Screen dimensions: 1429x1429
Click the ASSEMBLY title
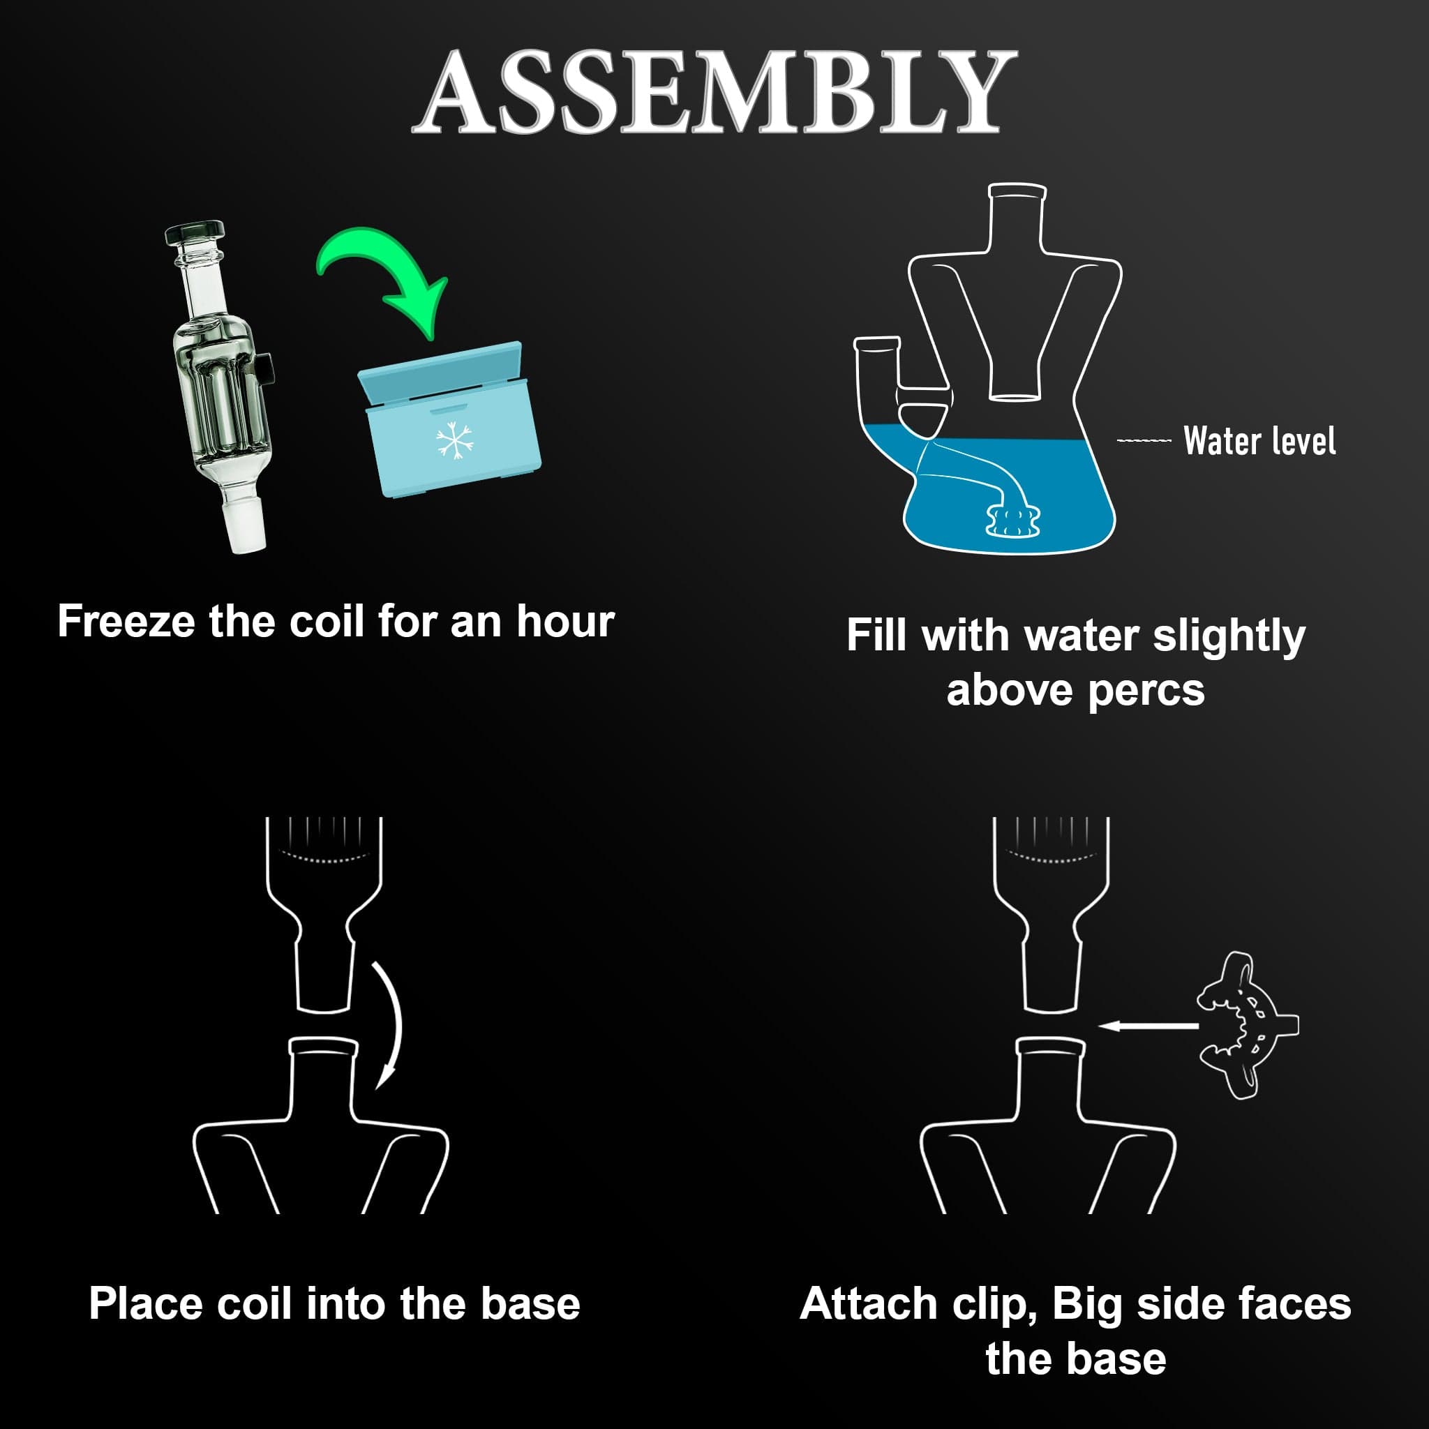coord(714,93)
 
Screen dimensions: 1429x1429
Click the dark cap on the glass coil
coord(194,234)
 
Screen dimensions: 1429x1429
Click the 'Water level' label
coord(1259,441)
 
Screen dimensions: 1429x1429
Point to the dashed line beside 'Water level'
coord(1144,442)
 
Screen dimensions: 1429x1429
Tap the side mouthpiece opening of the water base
coord(877,343)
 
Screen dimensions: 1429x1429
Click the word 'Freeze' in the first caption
coord(127,620)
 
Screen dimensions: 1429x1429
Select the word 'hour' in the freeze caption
coord(565,620)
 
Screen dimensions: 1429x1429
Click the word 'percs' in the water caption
coord(1149,691)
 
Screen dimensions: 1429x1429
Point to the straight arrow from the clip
coord(1148,1026)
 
